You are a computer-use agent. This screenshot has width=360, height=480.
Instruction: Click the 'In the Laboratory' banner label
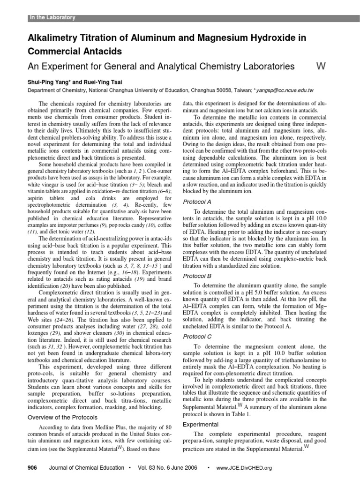pyautogui.click(x=52, y=18)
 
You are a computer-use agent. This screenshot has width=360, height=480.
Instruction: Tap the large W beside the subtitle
pyautogui.click(x=321, y=67)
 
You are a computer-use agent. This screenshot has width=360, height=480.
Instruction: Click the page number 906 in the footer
pyautogui.click(x=32, y=468)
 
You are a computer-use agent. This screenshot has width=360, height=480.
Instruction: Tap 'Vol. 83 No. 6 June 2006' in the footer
pyautogui.click(x=166, y=468)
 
